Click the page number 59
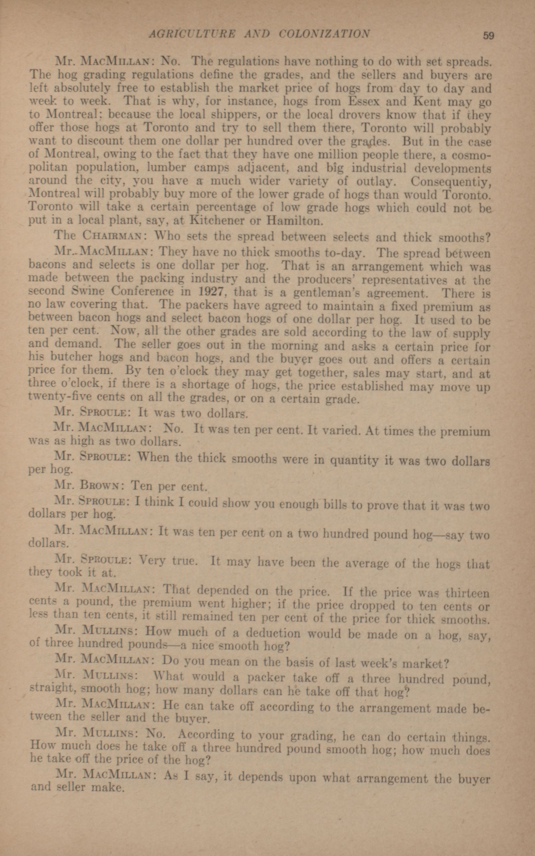(488, 36)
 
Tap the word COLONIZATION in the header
(325, 34)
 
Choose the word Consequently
(451, 182)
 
